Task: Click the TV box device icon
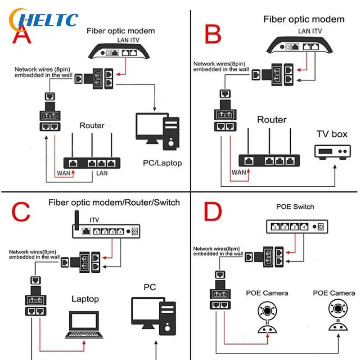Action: (332, 151)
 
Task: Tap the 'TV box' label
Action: (332, 134)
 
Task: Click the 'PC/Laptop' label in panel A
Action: (162, 163)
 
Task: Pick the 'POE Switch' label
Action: (295, 207)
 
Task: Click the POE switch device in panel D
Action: (295, 226)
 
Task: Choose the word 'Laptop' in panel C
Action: (85, 299)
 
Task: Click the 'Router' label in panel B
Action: (271, 120)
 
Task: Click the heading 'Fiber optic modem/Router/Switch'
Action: (114, 202)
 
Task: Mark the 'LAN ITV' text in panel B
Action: (310, 31)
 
